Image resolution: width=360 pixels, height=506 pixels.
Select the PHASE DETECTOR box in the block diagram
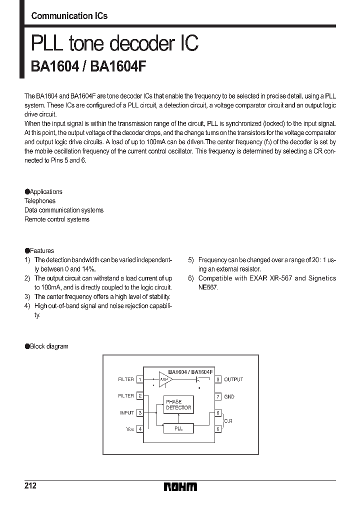[x=178, y=404]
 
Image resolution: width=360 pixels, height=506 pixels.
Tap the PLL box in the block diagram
[x=178, y=428]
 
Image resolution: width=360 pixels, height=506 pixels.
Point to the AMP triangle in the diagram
[x=164, y=379]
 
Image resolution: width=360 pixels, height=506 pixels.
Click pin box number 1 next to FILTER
[x=140, y=379]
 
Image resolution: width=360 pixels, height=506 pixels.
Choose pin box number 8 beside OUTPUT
[x=218, y=379]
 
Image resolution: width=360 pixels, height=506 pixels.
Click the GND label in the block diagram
[x=229, y=396]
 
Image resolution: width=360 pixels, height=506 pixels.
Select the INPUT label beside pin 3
[x=126, y=412]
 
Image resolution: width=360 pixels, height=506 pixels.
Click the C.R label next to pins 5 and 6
[x=228, y=421]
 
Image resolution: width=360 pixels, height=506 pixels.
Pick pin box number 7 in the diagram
[x=218, y=396]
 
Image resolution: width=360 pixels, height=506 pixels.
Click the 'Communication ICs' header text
[x=69, y=15]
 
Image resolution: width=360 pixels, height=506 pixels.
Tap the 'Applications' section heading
[x=45, y=191]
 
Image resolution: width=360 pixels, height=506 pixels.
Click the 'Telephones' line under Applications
[x=40, y=201]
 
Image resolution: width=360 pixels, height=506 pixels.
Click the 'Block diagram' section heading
[x=48, y=346]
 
